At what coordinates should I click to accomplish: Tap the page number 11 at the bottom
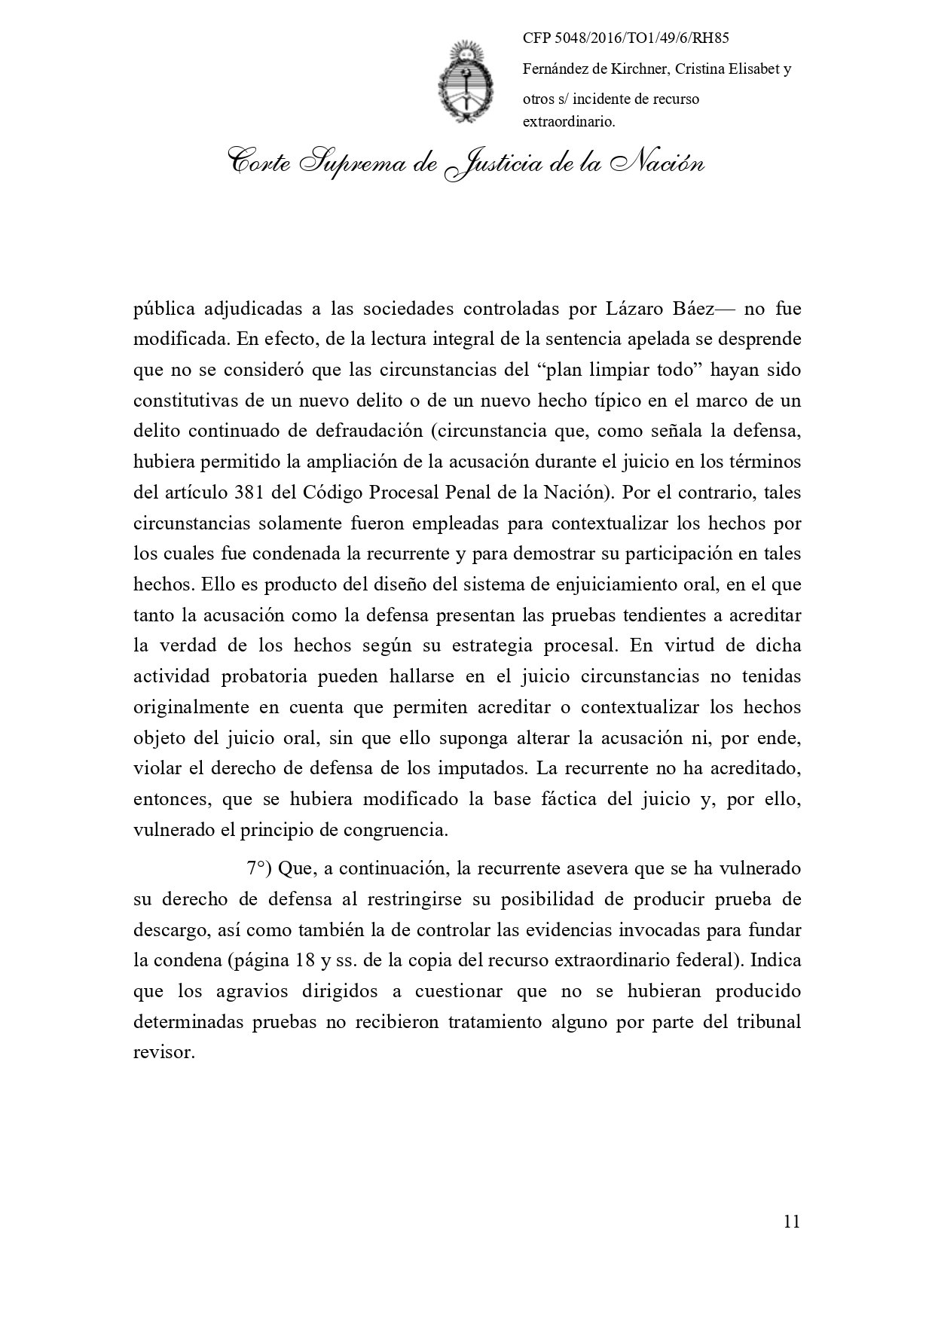pyautogui.click(x=791, y=1222)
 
